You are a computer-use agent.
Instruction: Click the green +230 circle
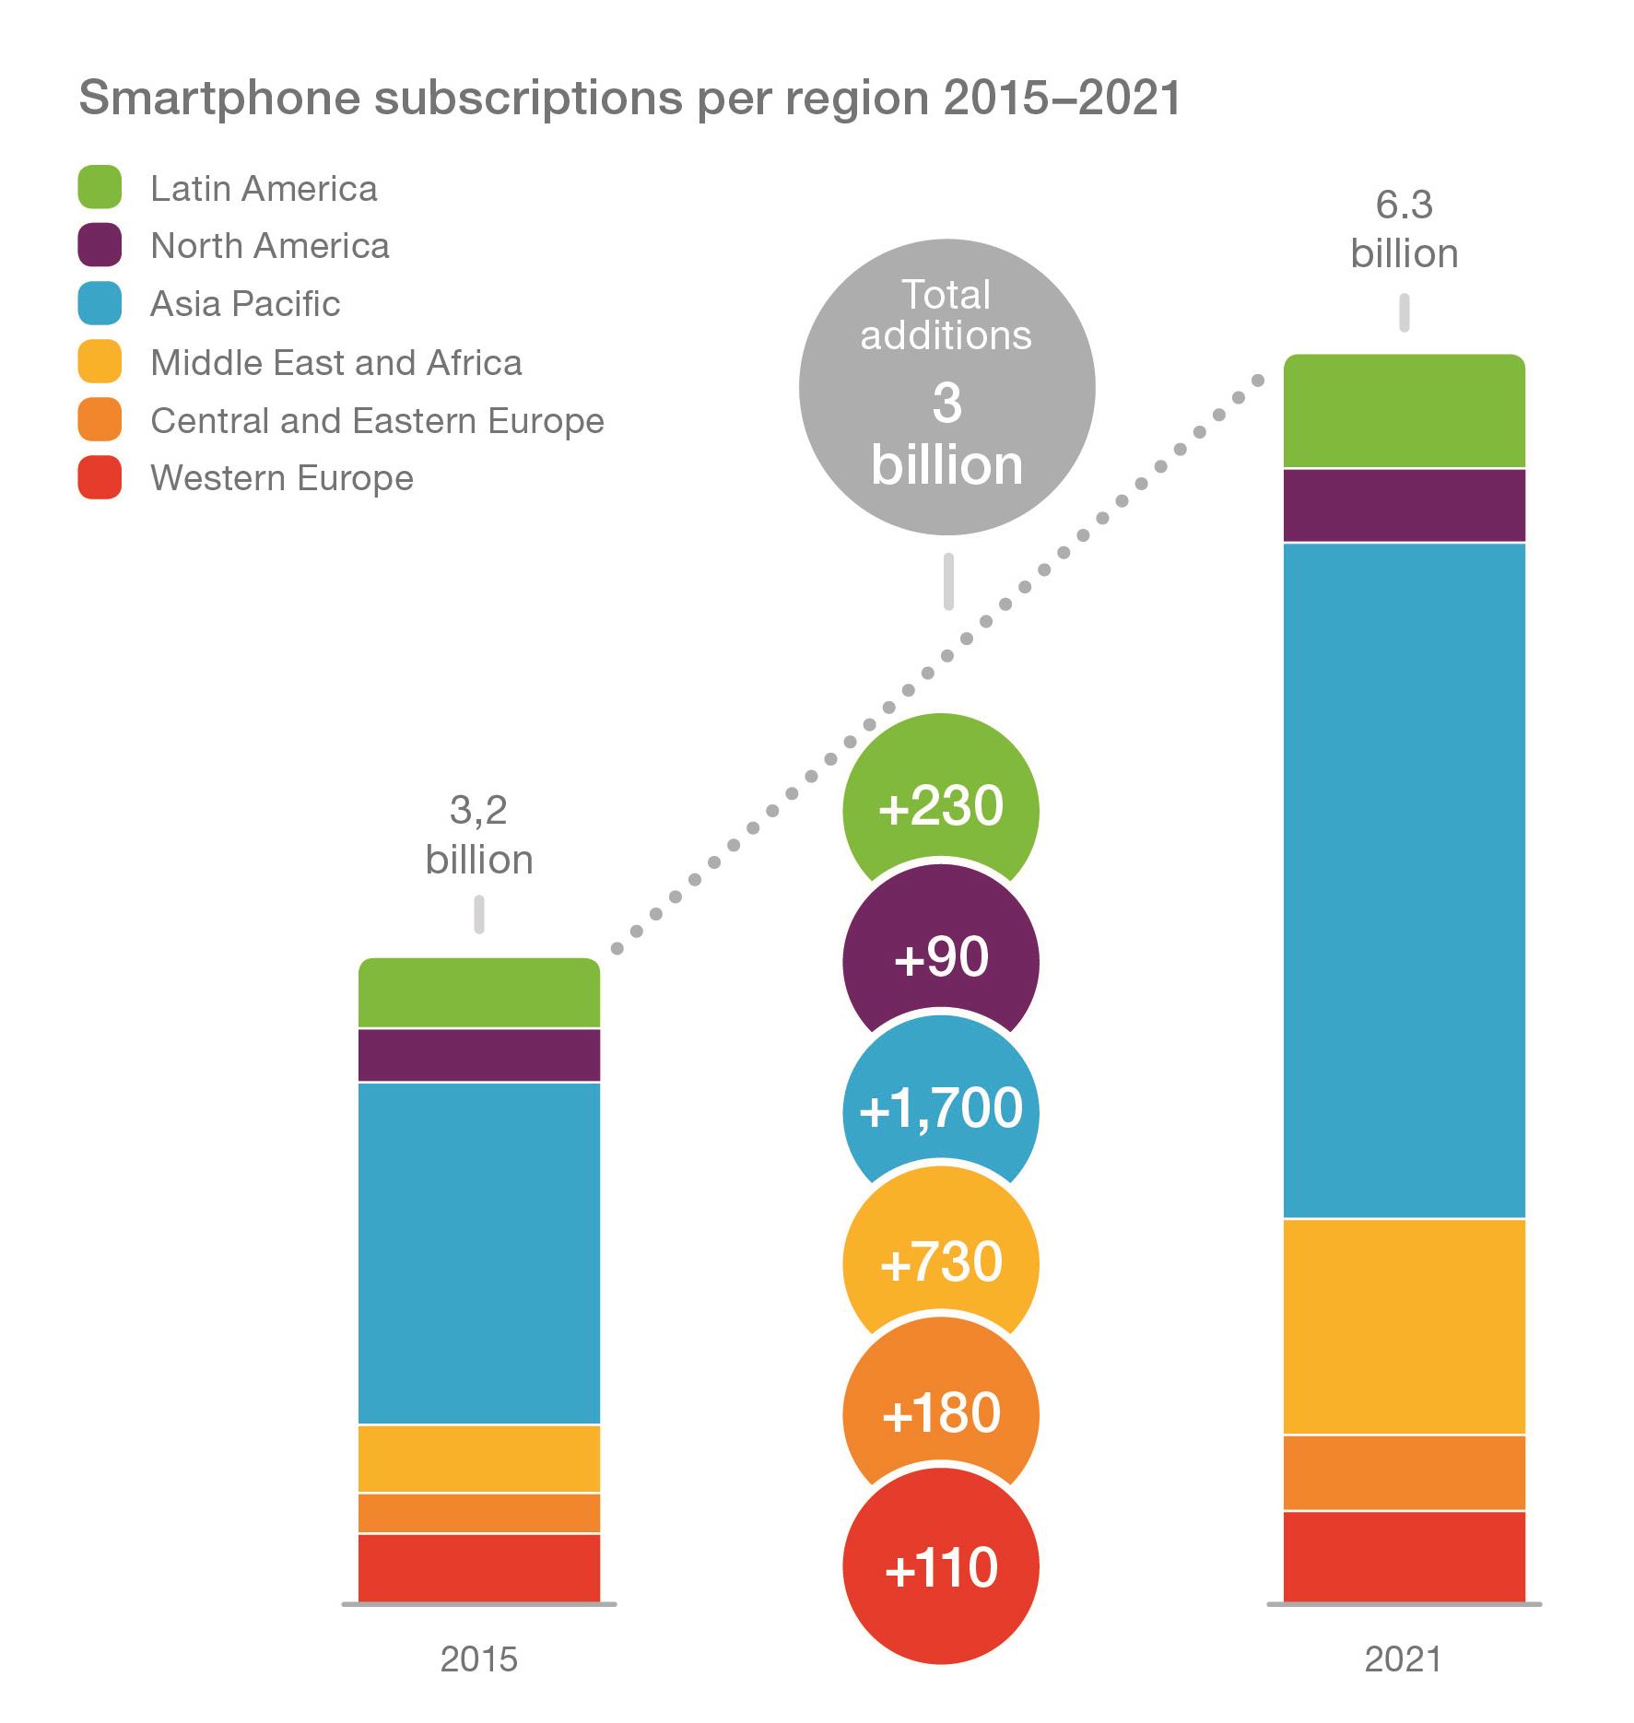(941, 807)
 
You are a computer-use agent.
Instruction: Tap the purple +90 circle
(941, 958)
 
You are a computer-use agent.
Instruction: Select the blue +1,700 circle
(941, 1108)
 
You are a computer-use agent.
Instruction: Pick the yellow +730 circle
(941, 1261)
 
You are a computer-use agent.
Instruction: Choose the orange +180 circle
(941, 1412)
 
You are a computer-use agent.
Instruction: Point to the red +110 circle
(941, 1567)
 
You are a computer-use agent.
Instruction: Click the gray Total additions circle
(946, 387)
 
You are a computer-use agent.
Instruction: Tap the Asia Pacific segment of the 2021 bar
(1404, 880)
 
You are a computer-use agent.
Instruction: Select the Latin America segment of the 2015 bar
(478, 993)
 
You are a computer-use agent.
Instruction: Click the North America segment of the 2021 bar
(1404, 505)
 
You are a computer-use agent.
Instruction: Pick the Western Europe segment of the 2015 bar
(478, 1567)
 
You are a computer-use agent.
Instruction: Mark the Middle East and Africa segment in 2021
(1404, 1326)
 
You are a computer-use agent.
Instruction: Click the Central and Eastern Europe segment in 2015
(478, 1513)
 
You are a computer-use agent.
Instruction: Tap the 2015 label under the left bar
(478, 1659)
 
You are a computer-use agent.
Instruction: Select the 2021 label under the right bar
(1403, 1659)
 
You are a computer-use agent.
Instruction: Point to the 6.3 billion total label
(1404, 229)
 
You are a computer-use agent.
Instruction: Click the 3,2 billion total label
(478, 835)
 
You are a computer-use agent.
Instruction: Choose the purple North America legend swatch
(100, 246)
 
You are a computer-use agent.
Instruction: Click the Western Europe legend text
(281, 478)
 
